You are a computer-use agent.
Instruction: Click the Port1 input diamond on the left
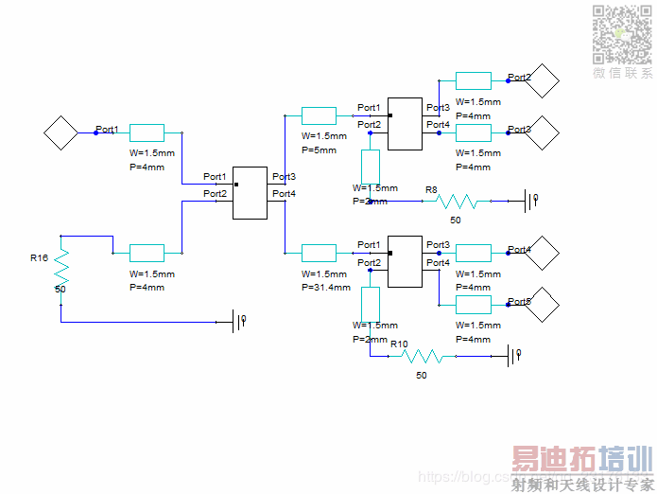(x=61, y=132)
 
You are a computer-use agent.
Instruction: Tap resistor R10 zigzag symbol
(x=422, y=356)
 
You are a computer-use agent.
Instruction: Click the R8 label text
(x=431, y=190)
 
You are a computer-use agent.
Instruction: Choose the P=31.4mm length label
(x=326, y=287)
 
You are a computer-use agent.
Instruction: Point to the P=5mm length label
(x=319, y=150)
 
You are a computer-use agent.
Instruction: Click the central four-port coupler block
(x=251, y=192)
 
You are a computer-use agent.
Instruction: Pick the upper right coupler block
(x=406, y=123)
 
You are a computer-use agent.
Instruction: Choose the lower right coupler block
(x=406, y=261)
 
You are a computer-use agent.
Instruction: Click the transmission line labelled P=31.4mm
(x=319, y=253)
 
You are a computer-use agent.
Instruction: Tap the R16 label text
(x=39, y=257)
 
